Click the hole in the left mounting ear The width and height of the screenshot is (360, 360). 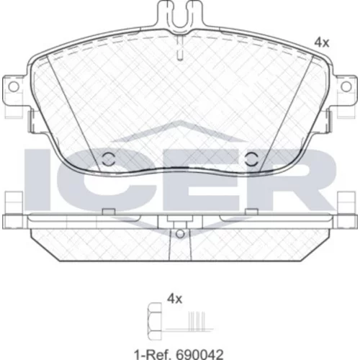click(14, 87)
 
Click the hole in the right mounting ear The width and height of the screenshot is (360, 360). click(346, 87)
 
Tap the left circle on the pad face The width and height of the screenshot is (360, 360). click(108, 159)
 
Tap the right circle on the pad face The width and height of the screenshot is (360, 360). click(251, 159)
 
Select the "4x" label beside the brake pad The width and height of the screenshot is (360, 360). click(322, 43)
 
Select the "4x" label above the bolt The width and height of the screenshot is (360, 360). click(175, 299)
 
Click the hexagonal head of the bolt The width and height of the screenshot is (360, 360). click(155, 322)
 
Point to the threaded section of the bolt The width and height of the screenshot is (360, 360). click(197, 322)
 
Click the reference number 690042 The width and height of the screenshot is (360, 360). click(199, 354)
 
